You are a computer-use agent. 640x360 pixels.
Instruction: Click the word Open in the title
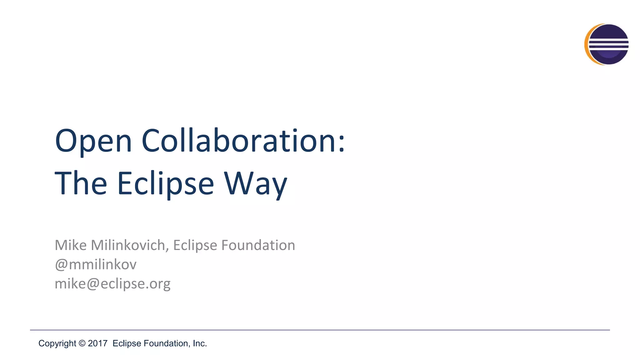(x=93, y=141)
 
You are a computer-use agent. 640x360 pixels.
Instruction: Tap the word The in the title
(x=81, y=183)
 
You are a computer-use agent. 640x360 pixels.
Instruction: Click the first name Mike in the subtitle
(x=71, y=245)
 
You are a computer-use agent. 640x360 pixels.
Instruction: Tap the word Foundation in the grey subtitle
(x=258, y=245)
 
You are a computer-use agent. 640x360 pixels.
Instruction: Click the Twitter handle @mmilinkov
(x=96, y=264)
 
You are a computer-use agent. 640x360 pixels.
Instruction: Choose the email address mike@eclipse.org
(x=112, y=284)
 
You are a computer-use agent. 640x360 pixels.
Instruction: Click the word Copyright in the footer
(x=57, y=343)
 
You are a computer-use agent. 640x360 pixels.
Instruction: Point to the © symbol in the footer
(x=82, y=343)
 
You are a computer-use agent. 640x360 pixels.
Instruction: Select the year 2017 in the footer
(x=97, y=343)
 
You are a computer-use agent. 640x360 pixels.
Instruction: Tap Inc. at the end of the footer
(x=200, y=343)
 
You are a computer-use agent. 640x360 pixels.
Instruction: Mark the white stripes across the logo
(x=608, y=44)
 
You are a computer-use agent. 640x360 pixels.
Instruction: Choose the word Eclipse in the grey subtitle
(x=195, y=245)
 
